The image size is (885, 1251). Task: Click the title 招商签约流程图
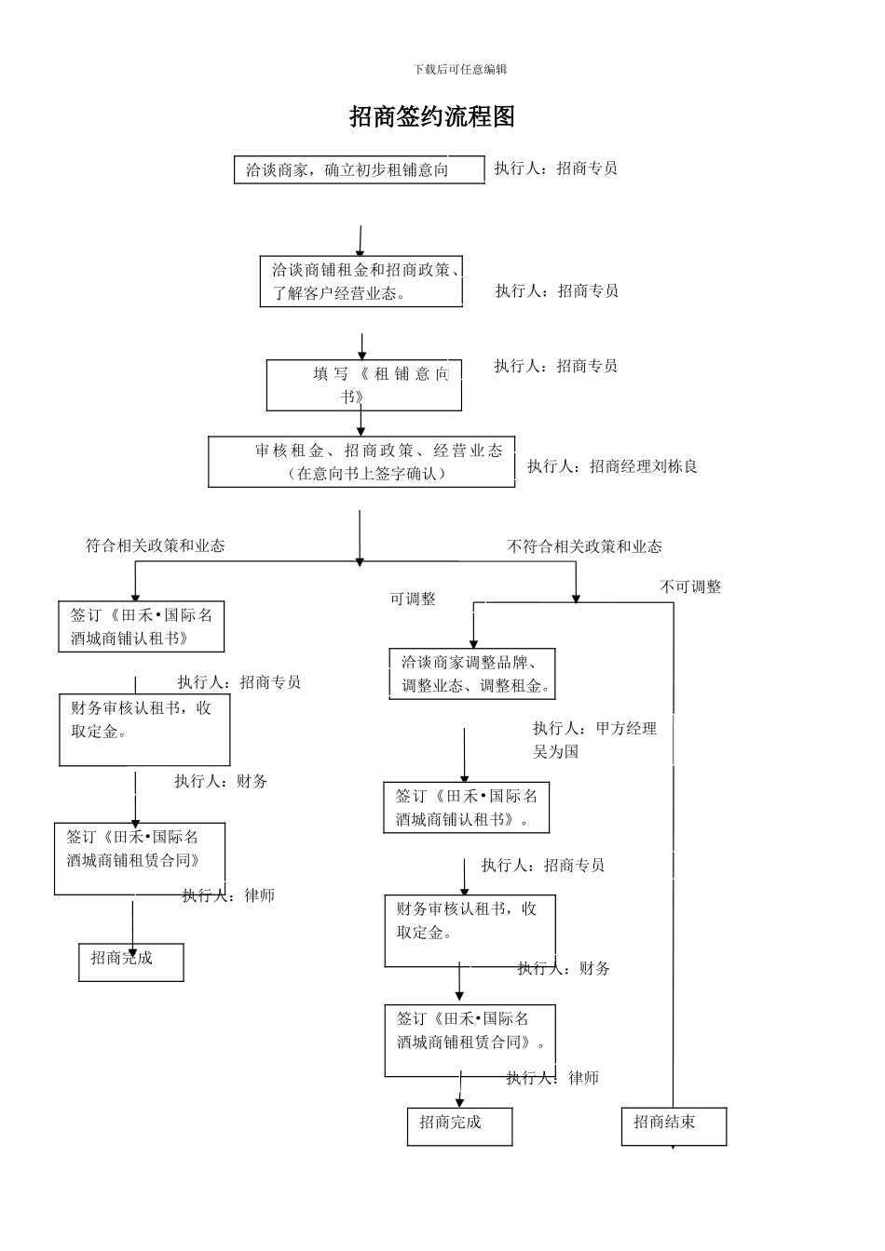pyautogui.click(x=432, y=117)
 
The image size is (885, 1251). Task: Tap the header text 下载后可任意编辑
pyautogui.click(x=460, y=70)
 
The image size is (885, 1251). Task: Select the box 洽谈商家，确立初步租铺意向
pyautogui.click(x=359, y=170)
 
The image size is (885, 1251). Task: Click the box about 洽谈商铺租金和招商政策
pyautogui.click(x=361, y=282)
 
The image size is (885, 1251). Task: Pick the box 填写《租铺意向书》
pyautogui.click(x=363, y=384)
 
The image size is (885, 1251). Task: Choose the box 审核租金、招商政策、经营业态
pyautogui.click(x=361, y=462)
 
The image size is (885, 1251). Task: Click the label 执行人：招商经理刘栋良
pyautogui.click(x=612, y=466)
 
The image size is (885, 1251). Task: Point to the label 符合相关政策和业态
pyautogui.click(x=156, y=546)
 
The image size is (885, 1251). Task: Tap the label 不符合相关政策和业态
pyautogui.click(x=584, y=547)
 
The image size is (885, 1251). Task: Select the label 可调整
pyautogui.click(x=413, y=599)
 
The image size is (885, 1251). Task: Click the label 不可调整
pyautogui.click(x=690, y=587)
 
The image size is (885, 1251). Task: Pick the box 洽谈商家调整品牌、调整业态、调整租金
pyautogui.click(x=472, y=674)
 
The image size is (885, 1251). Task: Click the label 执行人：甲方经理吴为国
pyautogui.click(x=594, y=740)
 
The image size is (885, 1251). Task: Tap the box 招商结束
pyautogui.click(x=674, y=1125)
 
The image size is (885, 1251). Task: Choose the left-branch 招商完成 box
pyautogui.click(x=131, y=962)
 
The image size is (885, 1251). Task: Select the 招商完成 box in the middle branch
pyautogui.click(x=459, y=1125)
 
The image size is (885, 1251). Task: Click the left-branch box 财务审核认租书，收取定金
pyautogui.click(x=144, y=729)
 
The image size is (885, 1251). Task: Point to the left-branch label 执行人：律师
pyautogui.click(x=228, y=895)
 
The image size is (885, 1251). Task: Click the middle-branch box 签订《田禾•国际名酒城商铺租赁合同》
pyautogui.click(x=470, y=1040)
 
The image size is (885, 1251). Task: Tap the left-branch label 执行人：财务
pyautogui.click(x=221, y=781)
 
